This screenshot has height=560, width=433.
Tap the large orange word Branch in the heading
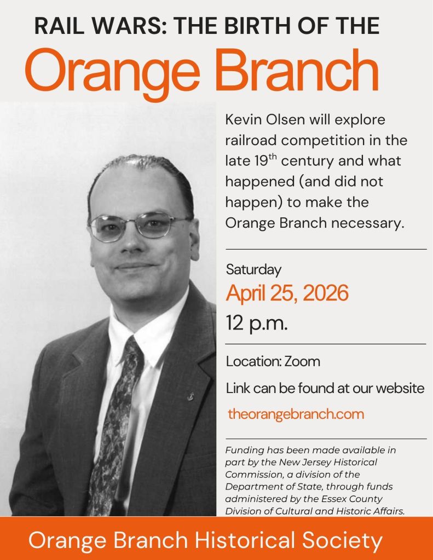pos(297,70)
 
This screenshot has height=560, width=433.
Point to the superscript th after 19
pos(273,157)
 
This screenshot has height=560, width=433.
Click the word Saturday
pos(253,270)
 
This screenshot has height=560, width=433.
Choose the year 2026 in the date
pos(325,293)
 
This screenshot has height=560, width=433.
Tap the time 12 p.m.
pos(257,323)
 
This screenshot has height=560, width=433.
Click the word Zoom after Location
pos(302,361)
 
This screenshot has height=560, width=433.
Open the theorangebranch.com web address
pos(296,414)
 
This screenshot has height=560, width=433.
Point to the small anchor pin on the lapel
pos(191,396)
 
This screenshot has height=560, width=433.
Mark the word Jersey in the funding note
pos(317,462)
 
